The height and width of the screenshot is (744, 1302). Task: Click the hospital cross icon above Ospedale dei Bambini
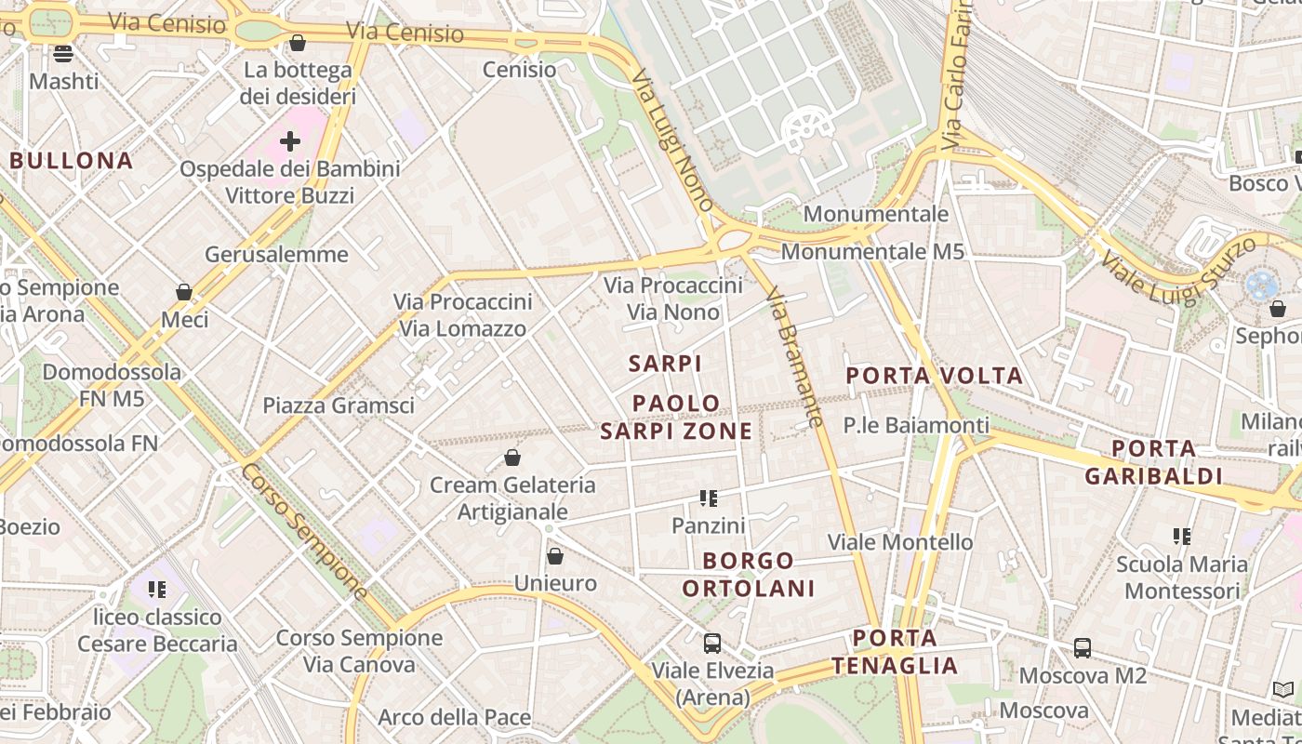[x=290, y=141]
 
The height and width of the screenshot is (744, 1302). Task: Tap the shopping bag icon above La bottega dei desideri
[x=298, y=43]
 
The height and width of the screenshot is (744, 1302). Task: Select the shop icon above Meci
[x=184, y=293]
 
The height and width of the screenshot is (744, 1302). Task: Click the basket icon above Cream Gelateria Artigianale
[x=511, y=458]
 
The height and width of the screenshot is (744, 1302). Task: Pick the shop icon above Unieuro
[x=555, y=556]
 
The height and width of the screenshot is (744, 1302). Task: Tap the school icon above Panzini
[x=709, y=498]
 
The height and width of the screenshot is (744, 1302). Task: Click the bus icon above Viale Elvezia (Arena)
[x=712, y=643]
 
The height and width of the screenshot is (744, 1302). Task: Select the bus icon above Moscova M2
[x=1083, y=648]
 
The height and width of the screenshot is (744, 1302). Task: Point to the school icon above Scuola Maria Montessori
[x=1182, y=537]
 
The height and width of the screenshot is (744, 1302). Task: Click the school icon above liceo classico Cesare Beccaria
[x=157, y=590]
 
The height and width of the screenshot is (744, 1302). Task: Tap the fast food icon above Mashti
[x=63, y=54]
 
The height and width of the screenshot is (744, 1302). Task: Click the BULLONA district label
[x=72, y=160]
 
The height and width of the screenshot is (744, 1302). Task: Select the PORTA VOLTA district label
[x=934, y=376]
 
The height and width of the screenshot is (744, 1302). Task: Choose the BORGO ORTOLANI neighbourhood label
[x=749, y=574]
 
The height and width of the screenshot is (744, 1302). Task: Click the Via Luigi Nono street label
[x=671, y=139]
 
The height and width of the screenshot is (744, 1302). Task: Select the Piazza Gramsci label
[x=339, y=405]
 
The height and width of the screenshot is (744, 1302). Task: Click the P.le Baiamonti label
[x=916, y=425]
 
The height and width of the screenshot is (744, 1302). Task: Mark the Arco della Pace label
[x=454, y=717]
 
